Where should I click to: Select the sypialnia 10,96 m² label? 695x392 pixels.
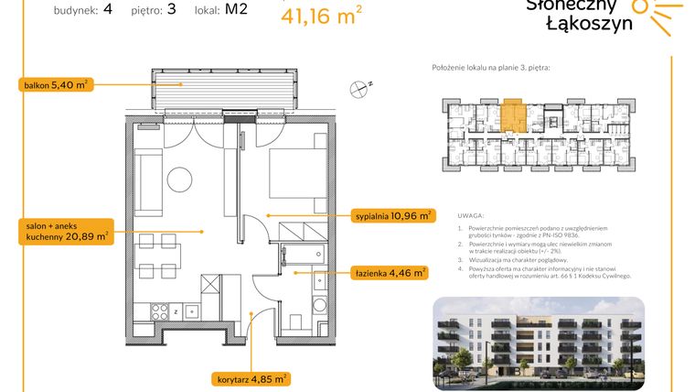pyautogui.click(x=393, y=216)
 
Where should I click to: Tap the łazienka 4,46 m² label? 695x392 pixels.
pyautogui.click(x=390, y=272)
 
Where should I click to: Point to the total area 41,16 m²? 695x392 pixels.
pyautogui.click(x=320, y=15)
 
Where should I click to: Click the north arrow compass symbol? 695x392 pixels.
pyautogui.click(x=358, y=88)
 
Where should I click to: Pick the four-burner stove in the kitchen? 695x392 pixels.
pyautogui.click(x=160, y=310)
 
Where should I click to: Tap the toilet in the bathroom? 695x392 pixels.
pyautogui.click(x=318, y=305)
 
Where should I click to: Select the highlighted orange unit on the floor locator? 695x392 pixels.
pyautogui.click(x=512, y=118)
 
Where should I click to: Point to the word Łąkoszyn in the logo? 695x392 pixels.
pyautogui.click(x=588, y=25)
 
